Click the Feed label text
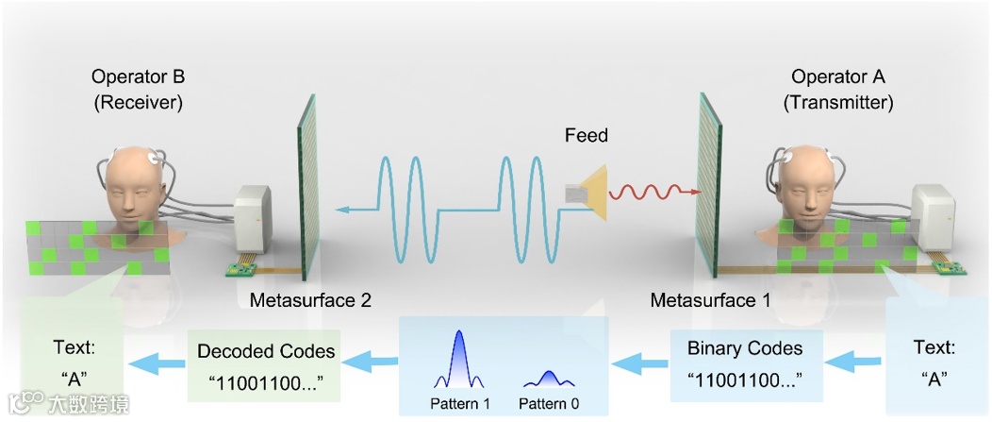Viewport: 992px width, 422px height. point(586,136)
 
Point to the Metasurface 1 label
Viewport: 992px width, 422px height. point(710,301)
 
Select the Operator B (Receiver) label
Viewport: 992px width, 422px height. point(138,89)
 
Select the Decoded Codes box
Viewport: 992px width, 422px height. point(266,363)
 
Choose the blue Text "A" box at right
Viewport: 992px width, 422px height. point(933,363)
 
